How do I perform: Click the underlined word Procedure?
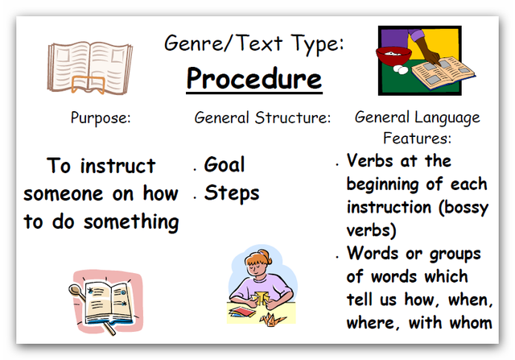click(x=254, y=79)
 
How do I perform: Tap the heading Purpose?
click(x=101, y=118)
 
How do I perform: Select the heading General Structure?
click(x=262, y=118)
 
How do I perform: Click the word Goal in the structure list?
click(x=225, y=164)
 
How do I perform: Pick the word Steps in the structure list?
click(x=232, y=193)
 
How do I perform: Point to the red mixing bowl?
click(x=393, y=56)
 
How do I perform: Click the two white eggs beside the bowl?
click(x=401, y=69)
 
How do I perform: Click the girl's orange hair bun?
click(x=265, y=255)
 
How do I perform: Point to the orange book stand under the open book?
click(x=88, y=85)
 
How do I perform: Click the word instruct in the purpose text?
click(x=118, y=165)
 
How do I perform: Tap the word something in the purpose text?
click(x=131, y=222)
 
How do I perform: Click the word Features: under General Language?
click(x=417, y=138)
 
